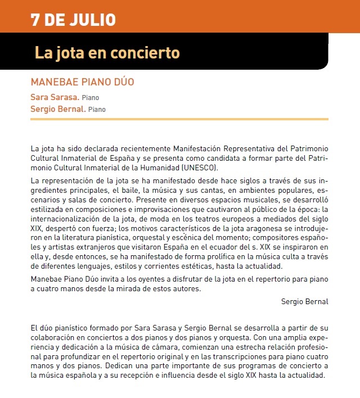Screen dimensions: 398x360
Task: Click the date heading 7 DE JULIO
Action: click(74, 20)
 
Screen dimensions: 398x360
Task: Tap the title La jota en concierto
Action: click(107, 53)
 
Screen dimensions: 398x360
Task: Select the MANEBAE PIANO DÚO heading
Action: click(83, 82)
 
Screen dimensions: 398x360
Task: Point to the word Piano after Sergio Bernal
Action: click(97, 110)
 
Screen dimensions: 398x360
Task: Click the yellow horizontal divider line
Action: click(179, 119)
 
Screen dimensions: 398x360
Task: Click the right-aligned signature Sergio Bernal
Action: click(304, 301)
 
